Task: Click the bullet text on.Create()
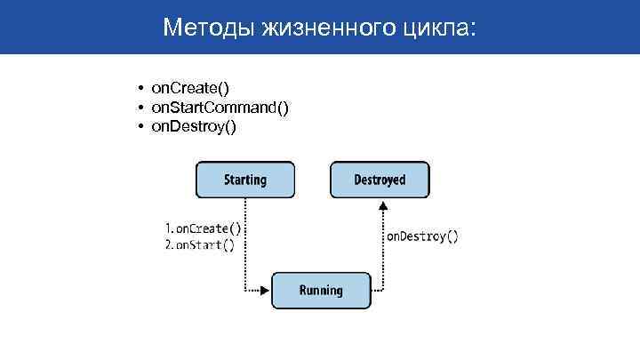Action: pos(189,88)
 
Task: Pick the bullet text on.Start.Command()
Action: pos(220,108)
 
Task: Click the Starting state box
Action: pos(244,180)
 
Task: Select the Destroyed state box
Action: pos(379,180)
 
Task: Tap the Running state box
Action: pos(320,291)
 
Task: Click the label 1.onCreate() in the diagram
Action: pos(203,228)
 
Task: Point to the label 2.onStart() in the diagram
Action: pos(199,246)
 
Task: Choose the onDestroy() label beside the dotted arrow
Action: pos(421,236)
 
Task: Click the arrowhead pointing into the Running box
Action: pos(265,291)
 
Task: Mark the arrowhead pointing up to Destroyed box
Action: pos(383,205)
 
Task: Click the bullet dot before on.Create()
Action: pos(140,89)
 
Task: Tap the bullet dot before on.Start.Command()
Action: pos(140,108)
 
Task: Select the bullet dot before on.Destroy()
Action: pos(140,126)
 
